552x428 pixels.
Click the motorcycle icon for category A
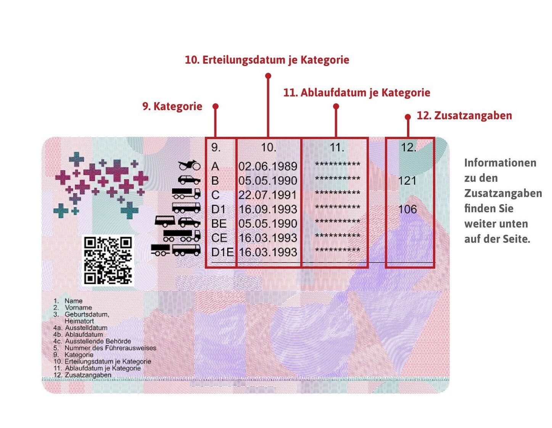(189, 165)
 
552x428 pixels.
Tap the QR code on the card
(108, 260)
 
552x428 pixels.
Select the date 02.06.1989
(268, 167)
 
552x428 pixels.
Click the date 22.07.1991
(268, 195)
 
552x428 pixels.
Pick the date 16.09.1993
(268, 209)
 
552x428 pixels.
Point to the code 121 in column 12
(407, 181)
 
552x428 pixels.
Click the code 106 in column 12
(407, 209)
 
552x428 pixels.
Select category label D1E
(222, 252)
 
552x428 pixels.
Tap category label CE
(219, 238)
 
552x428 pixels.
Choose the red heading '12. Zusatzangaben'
(464, 115)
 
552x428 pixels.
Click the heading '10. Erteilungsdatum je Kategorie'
(267, 60)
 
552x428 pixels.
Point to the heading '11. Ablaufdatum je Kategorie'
(357, 93)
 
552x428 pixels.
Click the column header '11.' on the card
(336, 147)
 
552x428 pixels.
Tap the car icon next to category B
(189, 180)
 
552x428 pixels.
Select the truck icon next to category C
(186, 193)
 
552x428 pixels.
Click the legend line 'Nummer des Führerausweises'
(110, 348)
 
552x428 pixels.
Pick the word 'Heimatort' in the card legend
(79, 321)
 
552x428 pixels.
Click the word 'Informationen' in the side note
(500, 163)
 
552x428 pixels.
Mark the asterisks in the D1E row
(337, 250)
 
